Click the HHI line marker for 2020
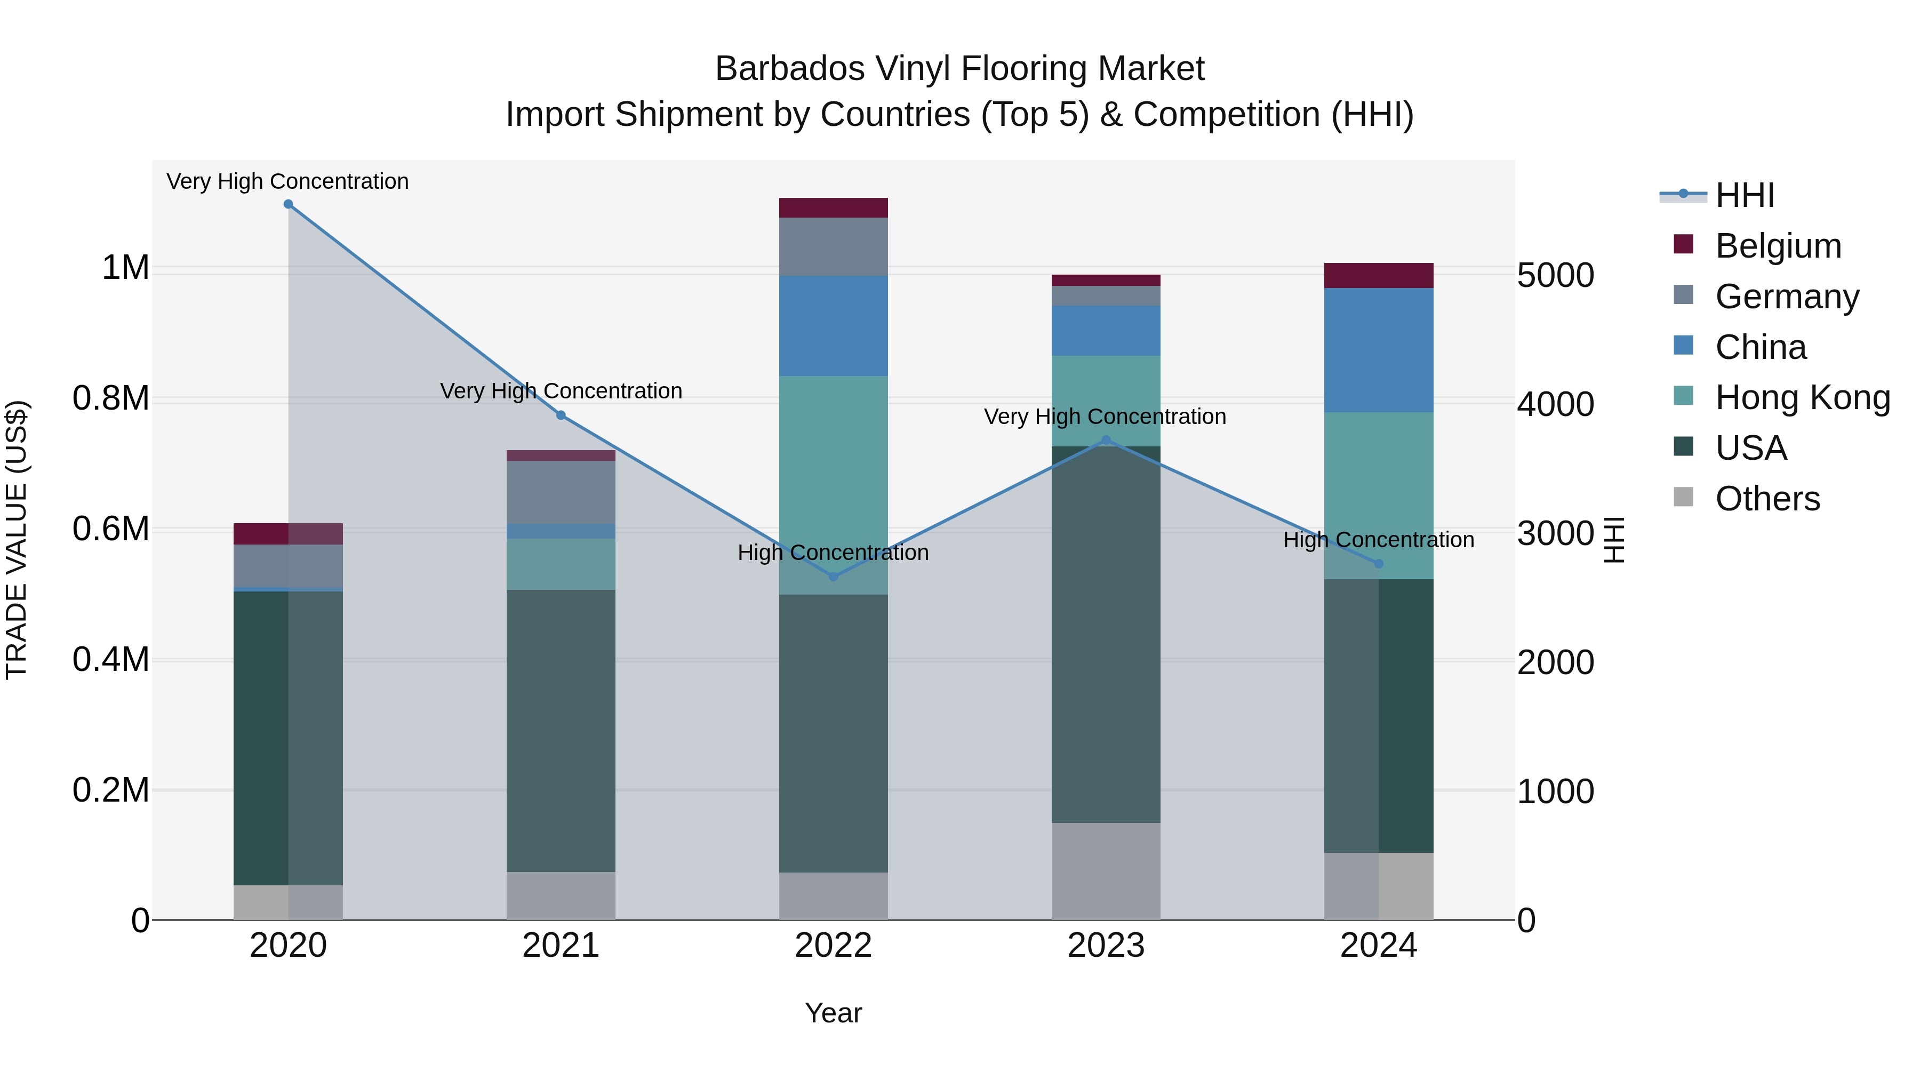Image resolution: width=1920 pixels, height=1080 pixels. pos(289,204)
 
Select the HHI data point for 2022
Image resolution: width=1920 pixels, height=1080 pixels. pos(833,576)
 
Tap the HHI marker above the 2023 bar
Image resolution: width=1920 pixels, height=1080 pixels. pos(1106,441)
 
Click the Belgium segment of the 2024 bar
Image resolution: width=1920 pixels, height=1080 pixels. pos(1378,276)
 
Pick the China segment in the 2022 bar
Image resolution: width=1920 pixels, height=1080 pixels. pos(833,326)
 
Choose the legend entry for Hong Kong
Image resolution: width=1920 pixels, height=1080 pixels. pos(1802,397)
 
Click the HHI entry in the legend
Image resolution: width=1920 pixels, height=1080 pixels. pos(1744,195)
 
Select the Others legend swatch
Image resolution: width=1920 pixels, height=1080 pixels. pos(1683,497)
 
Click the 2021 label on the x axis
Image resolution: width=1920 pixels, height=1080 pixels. pos(561,946)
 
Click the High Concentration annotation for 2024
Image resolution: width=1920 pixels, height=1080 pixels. pos(1378,540)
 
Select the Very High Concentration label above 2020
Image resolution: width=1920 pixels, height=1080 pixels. pos(287,181)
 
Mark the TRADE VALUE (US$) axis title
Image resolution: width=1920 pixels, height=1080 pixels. pos(17,540)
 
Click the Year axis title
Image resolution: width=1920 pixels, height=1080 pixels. pos(833,1013)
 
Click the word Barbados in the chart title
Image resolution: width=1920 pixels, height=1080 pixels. pos(789,69)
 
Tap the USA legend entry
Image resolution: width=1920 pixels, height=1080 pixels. pos(1750,448)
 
